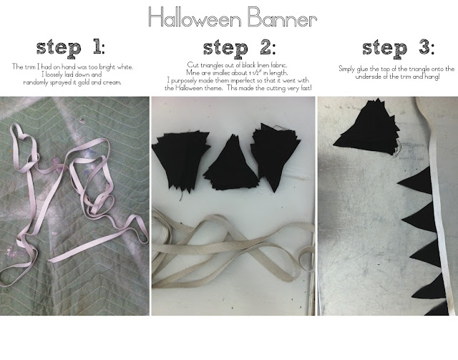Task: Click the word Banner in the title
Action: coord(282,17)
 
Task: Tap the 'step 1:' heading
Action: coord(70,48)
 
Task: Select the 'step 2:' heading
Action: coord(239,49)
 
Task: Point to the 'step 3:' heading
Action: coord(399,48)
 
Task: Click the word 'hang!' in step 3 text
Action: coord(432,77)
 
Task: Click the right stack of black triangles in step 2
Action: coord(275,155)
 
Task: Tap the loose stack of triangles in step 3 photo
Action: coord(369,127)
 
